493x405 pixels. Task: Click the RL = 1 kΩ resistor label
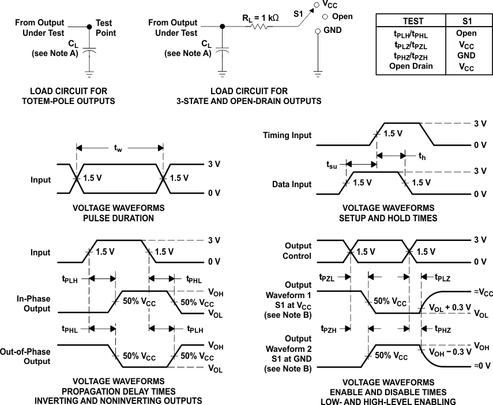tap(260, 17)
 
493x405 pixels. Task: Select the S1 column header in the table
tap(466, 21)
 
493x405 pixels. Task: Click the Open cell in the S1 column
tap(466, 34)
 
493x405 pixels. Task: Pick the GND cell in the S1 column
tap(466, 55)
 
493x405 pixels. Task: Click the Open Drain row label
tap(410, 66)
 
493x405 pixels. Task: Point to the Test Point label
tap(106, 28)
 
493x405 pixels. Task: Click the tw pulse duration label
tap(118, 149)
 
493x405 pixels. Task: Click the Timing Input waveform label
tap(287, 135)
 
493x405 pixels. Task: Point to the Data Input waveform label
tap(292, 184)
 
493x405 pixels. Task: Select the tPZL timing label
tap(327, 278)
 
